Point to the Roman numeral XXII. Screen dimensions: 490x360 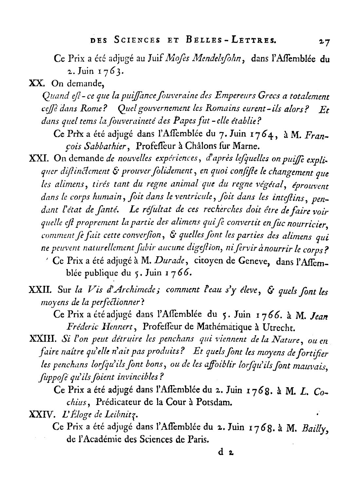(41, 289)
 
